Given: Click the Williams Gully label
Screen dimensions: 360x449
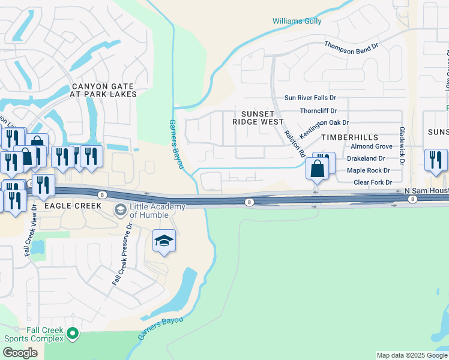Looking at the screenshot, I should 297,21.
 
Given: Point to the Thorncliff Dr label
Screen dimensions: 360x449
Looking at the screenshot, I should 318,111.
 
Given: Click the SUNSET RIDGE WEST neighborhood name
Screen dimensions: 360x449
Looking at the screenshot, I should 258,118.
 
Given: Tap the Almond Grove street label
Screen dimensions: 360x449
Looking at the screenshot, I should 371,146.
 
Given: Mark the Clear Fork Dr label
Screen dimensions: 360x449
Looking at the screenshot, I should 372,182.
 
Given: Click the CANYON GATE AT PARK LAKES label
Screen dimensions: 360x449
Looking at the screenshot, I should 103,91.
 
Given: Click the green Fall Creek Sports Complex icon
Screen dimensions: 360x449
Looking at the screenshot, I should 73,333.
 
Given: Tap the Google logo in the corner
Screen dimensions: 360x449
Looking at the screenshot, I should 20,353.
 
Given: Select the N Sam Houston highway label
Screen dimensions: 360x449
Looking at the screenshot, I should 426,190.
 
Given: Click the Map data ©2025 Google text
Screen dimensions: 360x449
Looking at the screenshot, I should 412,355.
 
